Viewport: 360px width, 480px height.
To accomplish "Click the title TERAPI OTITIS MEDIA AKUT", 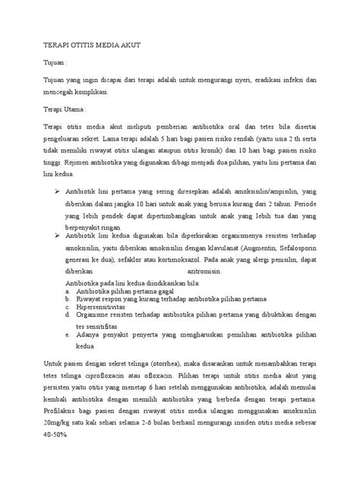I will pyautogui.click(x=91, y=46).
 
